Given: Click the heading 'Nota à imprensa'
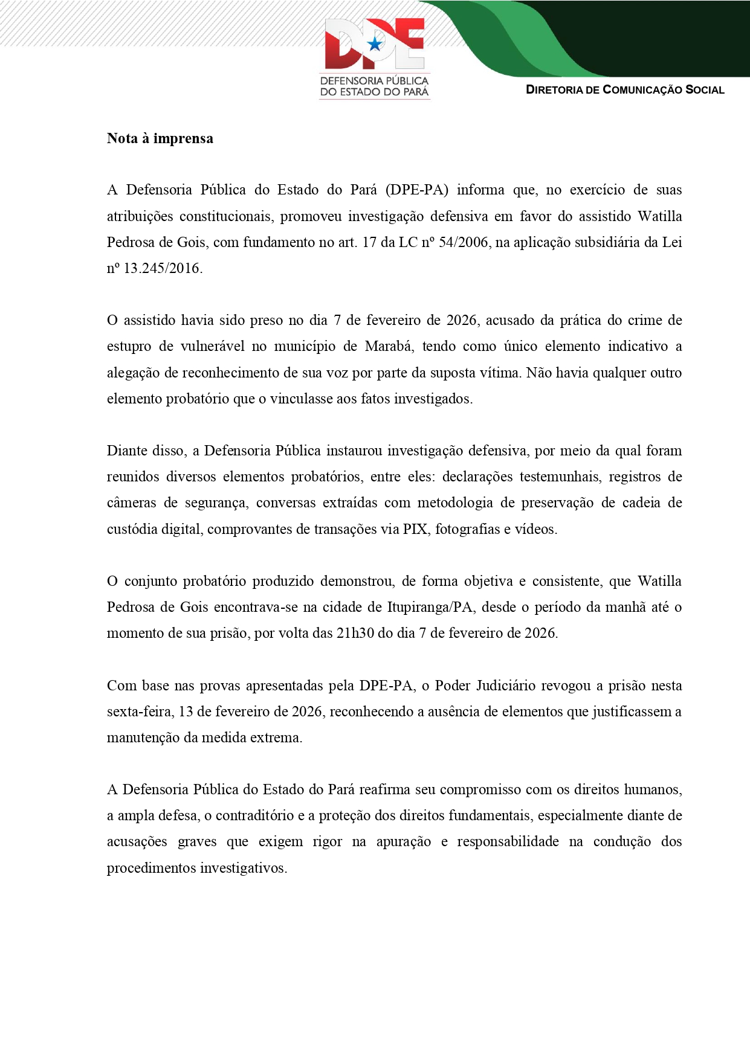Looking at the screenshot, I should (x=160, y=138).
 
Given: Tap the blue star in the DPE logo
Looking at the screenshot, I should (x=375, y=43).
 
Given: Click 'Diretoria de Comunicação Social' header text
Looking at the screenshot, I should (x=625, y=90).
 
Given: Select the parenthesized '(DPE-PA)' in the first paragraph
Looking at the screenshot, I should (x=417, y=190).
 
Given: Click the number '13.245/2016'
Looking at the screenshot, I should (x=162, y=268).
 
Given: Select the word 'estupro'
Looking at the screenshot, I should (x=129, y=346).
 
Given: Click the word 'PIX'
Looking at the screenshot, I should (x=415, y=529).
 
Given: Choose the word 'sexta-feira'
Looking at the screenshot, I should (x=140, y=711).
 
